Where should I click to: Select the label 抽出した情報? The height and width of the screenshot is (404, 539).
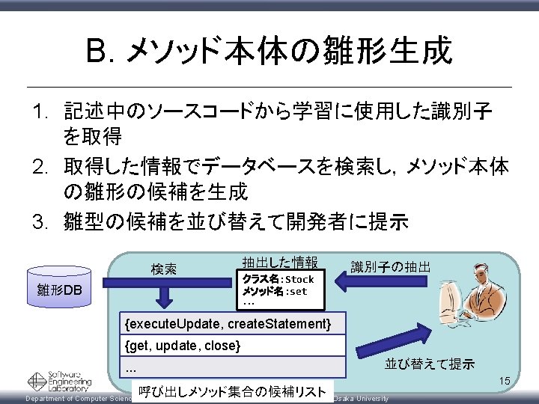coord(279,262)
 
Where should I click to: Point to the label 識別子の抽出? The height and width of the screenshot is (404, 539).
coord(390,266)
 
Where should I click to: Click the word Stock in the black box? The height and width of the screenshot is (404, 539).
coord(299,280)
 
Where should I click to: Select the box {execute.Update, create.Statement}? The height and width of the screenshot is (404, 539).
coord(229,323)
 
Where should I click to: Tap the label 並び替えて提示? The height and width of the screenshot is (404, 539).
coord(429,364)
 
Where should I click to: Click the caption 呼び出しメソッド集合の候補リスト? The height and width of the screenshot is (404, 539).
coord(233,391)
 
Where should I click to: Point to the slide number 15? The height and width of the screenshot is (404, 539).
coord(505,382)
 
